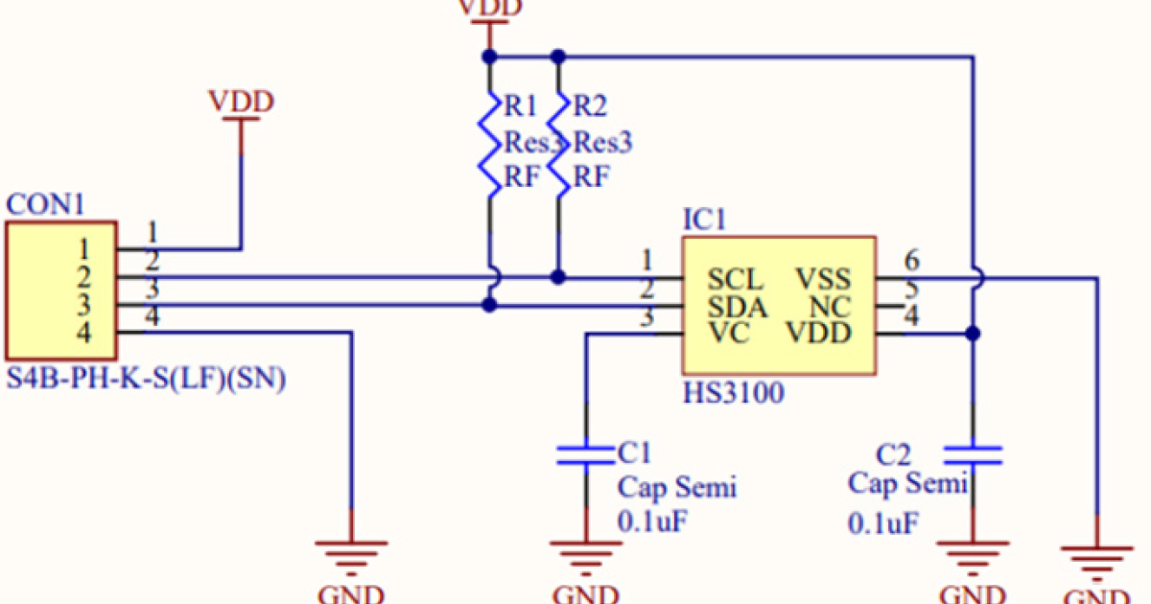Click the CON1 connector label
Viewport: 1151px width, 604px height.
pos(45,204)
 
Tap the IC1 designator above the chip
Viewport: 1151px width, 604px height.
pos(703,221)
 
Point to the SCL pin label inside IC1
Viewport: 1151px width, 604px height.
pos(736,280)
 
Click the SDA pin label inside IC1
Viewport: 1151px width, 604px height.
pos(737,307)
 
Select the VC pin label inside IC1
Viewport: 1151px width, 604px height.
pos(729,334)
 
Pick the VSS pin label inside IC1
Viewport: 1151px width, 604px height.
pos(823,280)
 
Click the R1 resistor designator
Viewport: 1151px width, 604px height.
pos(521,105)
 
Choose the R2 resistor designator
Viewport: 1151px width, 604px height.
pos(590,105)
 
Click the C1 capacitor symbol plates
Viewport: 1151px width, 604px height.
pos(584,454)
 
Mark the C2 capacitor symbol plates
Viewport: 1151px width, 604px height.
pos(973,454)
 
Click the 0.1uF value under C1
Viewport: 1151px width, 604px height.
pos(652,522)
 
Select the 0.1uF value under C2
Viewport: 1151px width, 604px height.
pos(882,523)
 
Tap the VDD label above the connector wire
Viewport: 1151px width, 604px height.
pos(241,101)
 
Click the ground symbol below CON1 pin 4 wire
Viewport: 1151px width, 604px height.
pos(352,553)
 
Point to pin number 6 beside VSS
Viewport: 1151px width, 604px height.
pos(911,260)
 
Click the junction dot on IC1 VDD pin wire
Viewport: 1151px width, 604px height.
pos(973,334)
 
